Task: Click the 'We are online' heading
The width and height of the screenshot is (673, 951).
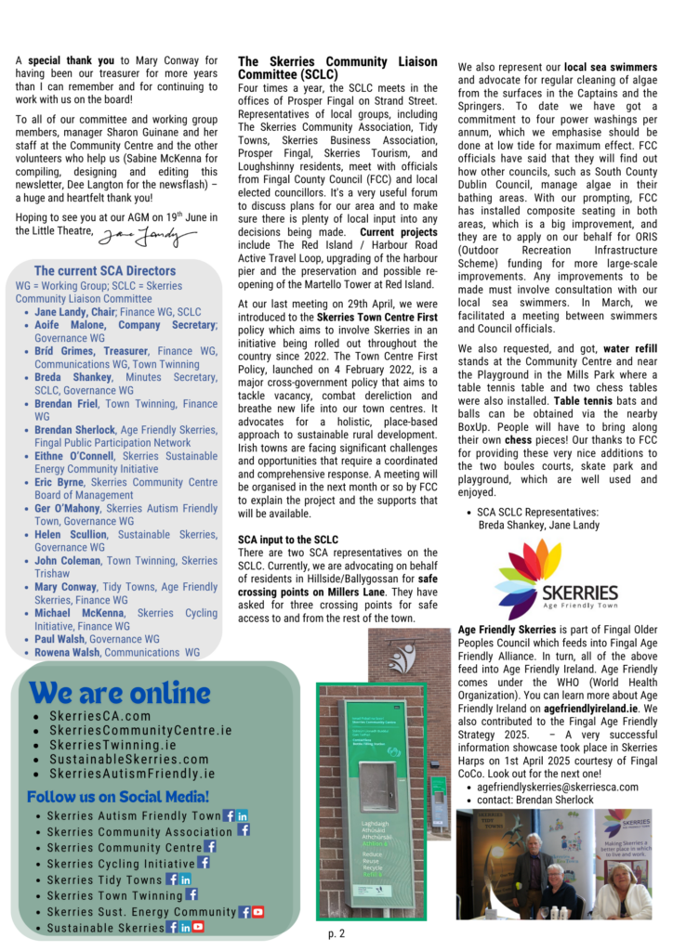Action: click(121, 693)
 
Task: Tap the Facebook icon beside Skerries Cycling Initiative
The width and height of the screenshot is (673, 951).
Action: click(204, 863)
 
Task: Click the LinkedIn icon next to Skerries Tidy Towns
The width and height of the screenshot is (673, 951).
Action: click(186, 879)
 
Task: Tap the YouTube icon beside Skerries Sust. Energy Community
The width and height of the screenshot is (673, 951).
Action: click(258, 912)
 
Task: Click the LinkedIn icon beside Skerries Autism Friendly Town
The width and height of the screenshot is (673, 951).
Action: click(243, 815)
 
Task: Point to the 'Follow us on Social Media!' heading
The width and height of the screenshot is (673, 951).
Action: click(118, 796)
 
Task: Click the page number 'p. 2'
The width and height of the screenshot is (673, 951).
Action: click(336, 932)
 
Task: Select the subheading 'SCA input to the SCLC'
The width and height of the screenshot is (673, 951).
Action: click(286, 540)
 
